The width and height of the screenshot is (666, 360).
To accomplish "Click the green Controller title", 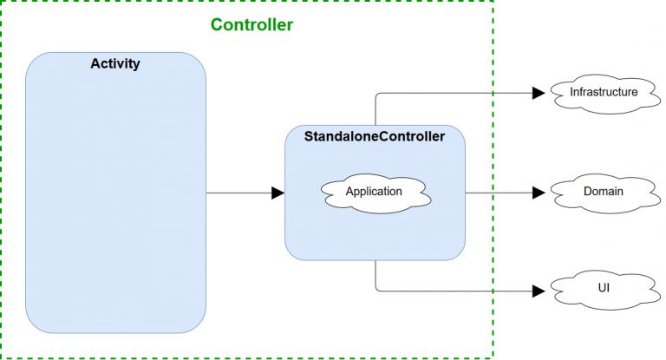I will pyautogui.click(x=251, y=25).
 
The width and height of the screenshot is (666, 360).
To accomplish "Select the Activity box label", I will pyautogui.click(x=115, y=64).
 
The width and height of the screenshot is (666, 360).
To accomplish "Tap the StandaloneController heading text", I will pyautogui.click(x=375, y=136).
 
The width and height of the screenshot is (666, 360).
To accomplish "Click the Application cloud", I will pyautogui.click(x=375, y=192).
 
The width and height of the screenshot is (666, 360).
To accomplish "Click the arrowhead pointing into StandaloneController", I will pyautogui.click(x=278, y=193).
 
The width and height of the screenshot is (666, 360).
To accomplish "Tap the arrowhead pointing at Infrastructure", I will pyautogui.click(x=538, y=92).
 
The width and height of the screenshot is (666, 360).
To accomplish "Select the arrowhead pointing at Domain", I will pyautogui.click(x=538, y=192).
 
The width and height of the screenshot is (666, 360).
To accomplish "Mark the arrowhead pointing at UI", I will pyautogui.click(x=538, y=291).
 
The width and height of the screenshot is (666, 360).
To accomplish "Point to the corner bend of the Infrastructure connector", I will pyautogui.click(x=375, y=92).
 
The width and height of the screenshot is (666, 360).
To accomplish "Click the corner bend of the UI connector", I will pyautogui.click(x=375, y=291).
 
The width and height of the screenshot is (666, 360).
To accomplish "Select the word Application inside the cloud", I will pyautogui.click(x=374, y=191).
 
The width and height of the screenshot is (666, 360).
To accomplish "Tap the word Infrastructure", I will pyautogui.click(x=604, y=91).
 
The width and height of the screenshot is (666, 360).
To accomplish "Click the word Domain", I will pyautogui.click(x=603, y=191).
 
